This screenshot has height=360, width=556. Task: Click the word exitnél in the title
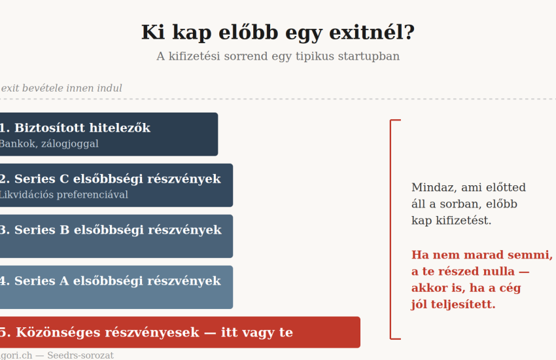(x=372, y=32)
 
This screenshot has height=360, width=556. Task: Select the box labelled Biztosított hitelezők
(x=109, y=134)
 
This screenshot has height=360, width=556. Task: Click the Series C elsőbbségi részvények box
(x=116, y=185)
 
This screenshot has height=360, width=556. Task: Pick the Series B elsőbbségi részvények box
(x=116, y=236)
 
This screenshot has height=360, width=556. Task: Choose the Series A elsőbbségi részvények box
(x=116, y=287)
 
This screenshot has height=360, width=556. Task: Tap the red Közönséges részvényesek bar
(x=180, y=333)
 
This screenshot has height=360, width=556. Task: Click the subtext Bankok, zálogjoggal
(x=49, y=144)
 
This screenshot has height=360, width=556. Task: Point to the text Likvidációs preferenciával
(x=64, y=194)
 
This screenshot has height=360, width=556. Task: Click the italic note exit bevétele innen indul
(x=61, y=88)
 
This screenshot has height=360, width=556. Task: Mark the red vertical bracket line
(x=391, y=230)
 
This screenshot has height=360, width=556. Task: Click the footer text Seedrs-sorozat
(x=80, y=355)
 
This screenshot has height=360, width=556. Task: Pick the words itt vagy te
(x=257, y=333)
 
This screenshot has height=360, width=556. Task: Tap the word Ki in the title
(x=153, y=32)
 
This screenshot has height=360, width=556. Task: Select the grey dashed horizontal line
(x=278, y=99)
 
